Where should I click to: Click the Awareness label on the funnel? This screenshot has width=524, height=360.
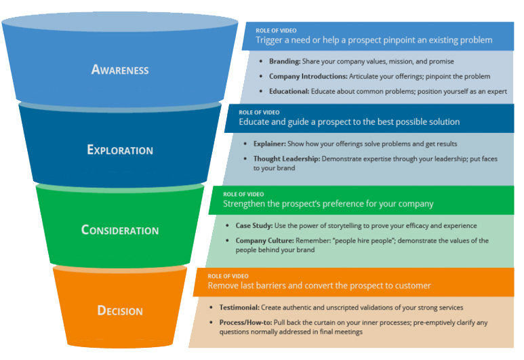120,69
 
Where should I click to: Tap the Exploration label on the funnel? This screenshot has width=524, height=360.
120,150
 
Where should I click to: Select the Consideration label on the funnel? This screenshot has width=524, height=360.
120,230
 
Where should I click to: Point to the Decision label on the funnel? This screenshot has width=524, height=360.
120,311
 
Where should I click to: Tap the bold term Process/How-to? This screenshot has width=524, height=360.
245,323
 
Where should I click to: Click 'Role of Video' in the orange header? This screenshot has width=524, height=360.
224,277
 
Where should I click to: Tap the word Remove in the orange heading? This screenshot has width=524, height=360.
224,285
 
